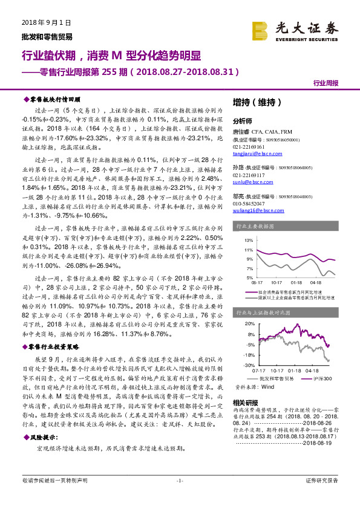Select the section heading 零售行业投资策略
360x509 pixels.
(x=54, y=347)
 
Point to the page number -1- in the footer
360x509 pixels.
(x=180, y=497)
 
